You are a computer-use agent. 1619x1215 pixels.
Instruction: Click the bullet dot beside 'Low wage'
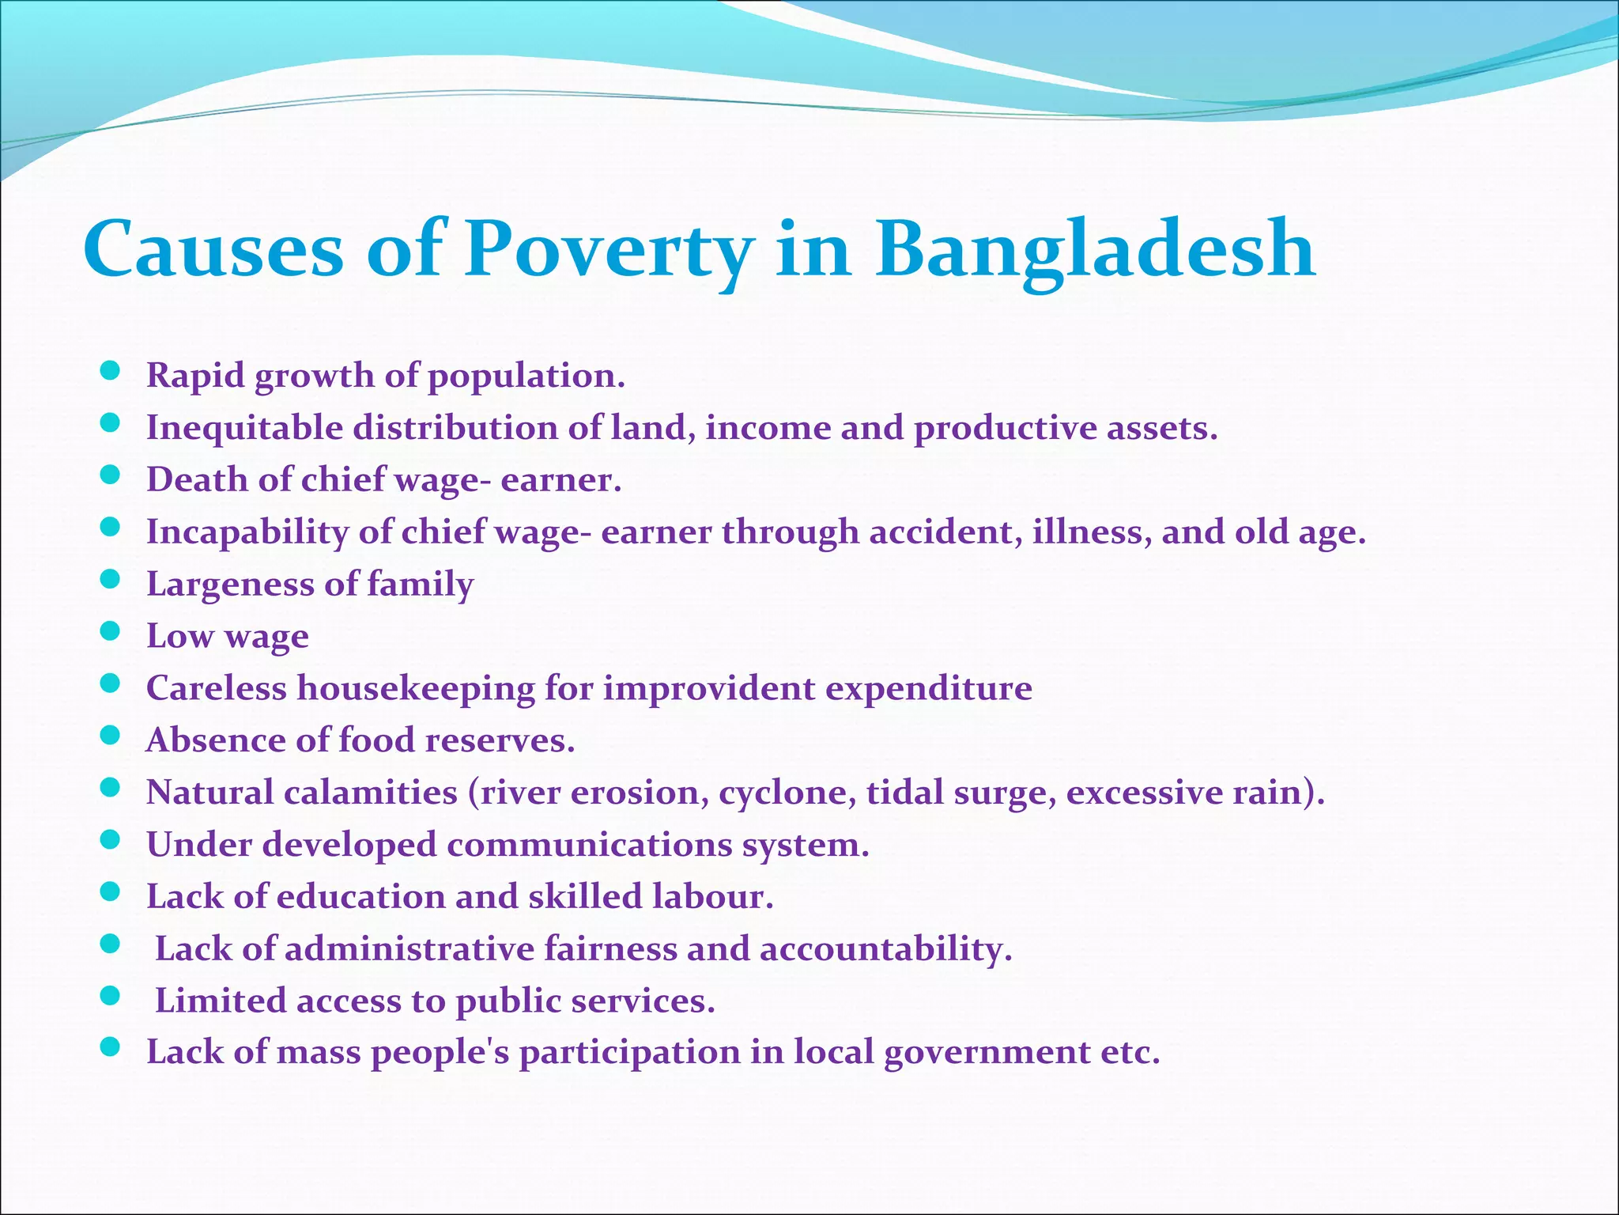pos(111,632)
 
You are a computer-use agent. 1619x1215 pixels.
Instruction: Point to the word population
pos(526,376)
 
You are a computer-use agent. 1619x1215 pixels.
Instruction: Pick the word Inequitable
pos(244,428)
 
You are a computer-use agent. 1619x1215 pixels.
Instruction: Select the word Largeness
pos(230,585)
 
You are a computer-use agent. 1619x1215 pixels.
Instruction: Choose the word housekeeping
pos(416,688)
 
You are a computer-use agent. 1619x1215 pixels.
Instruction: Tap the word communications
pos(589,845)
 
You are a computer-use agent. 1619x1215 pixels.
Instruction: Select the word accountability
pos(885,948)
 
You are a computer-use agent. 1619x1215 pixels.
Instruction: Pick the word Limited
pos(221,1001)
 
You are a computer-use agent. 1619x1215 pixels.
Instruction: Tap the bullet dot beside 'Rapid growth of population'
pos(111,371)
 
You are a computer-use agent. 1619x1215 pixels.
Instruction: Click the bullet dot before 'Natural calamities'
pos(111,788)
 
